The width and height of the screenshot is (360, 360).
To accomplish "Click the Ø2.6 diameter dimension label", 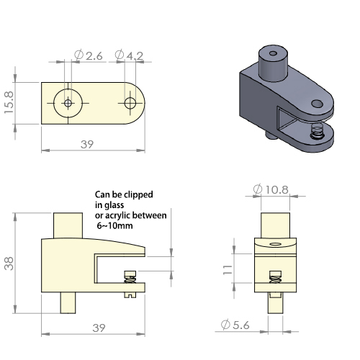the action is click(x=89, y=55).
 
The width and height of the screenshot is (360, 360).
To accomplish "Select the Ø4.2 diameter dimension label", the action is click(x=129, y=55).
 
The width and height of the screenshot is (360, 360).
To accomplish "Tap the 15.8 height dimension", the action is click(x=9, y=102).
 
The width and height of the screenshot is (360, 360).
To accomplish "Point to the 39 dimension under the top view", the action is click(x=87, y=144).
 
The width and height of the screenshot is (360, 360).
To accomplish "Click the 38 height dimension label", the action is click(x=9, y=264).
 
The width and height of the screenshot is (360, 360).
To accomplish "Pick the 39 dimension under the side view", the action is click(x=99, y=328).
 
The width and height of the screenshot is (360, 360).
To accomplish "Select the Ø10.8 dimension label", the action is click(x=271, y=189).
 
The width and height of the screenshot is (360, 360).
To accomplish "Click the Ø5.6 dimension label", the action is click(x=235, y=325).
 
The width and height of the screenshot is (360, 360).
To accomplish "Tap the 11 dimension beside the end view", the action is click(x=228, y=270).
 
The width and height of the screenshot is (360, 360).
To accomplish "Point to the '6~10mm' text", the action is click(x=114, y=225).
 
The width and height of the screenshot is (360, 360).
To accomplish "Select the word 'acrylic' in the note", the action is click(x=117, y=215).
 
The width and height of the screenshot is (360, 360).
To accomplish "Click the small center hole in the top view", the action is click(x=68, y=103).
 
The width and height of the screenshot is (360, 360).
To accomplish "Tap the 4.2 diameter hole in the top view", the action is click(x=130, y=103).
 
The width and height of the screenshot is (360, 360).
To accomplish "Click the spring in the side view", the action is click(x=130, y=279).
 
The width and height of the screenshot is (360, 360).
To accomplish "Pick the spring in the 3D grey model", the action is click(x=317, y=131).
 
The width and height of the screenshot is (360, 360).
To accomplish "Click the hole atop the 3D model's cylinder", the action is click(x=273, y=53).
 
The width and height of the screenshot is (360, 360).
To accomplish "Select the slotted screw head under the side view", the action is click(x=130, y=295).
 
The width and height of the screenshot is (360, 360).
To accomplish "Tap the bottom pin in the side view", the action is click(x=68, y=302).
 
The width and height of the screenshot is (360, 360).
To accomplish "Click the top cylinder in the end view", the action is click(x=275, y=225).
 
